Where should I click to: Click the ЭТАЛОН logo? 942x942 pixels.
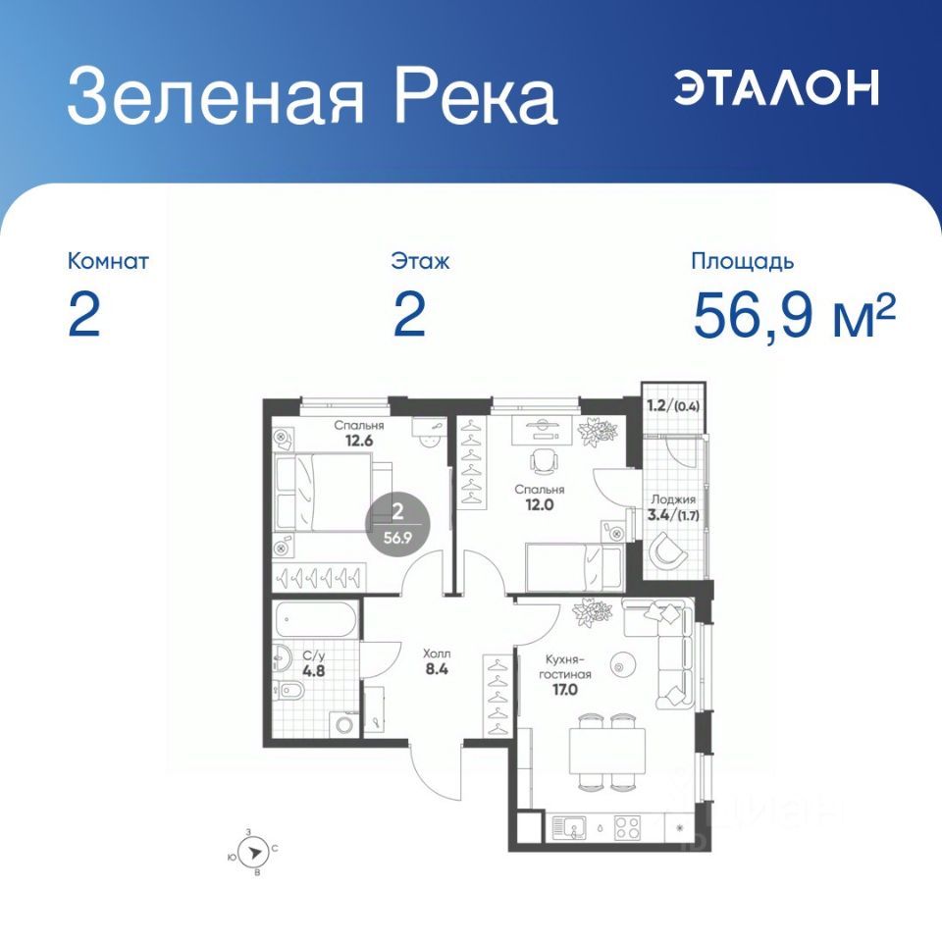pos(776,87)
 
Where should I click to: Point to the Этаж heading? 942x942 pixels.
pos(420,261)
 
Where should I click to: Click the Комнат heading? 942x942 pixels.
pos(108,261)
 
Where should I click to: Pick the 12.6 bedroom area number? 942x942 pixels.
pos(359,441)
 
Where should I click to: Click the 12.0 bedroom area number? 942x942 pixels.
pos(540,504)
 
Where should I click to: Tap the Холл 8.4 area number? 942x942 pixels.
pos(437,668)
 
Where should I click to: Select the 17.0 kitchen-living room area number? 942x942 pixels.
pos(565,689)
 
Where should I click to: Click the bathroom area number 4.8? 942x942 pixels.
pos(314,670)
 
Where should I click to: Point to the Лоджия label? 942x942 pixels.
pos(673,499)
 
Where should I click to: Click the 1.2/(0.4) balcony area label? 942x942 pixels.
pos(673,405)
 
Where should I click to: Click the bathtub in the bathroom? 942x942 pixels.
pos(317,619)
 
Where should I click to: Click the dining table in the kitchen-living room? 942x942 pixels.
pos(607,751)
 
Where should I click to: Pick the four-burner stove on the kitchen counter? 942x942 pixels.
pos(627,828)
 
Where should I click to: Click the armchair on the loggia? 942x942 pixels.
pos(667,549)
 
